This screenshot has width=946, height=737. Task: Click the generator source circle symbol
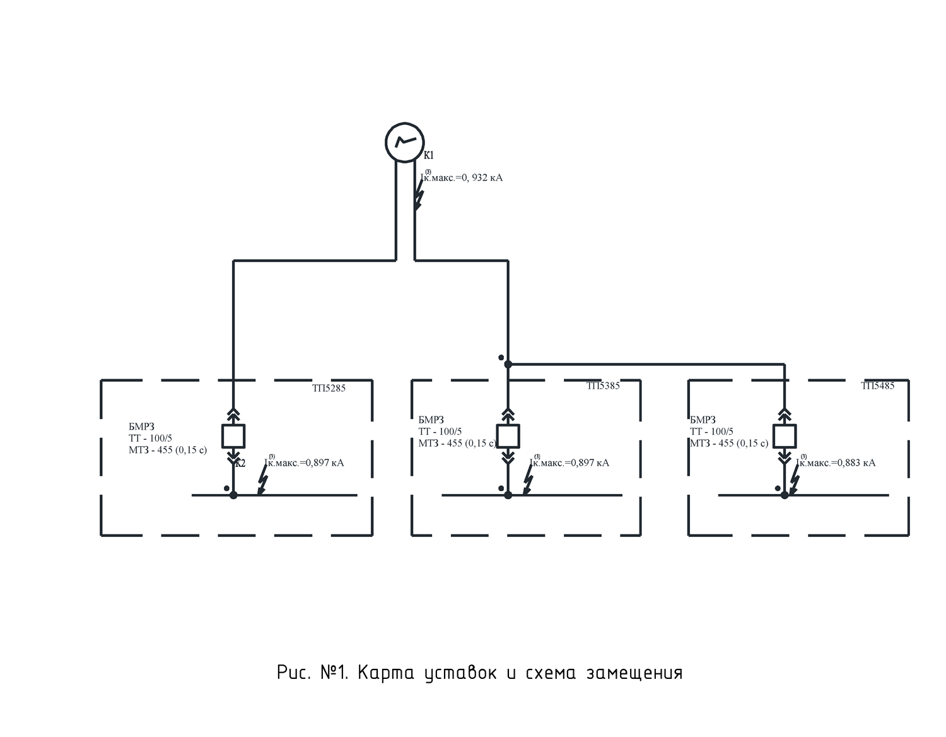(x=404, y=142)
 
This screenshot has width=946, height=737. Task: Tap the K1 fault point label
(x=429, y=155)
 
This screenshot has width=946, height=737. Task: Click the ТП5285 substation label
(x=329, y=388)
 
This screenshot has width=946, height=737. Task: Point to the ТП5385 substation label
(x=603, y=386)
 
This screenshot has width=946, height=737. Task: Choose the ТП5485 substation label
(x=878, y=386)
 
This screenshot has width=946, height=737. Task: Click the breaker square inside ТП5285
(x=233, y=436)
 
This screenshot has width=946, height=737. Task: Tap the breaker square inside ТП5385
(x=508, y=436)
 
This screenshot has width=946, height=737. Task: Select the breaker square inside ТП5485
(x=785, y=436)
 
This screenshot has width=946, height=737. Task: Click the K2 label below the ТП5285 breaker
(x=240, y=464)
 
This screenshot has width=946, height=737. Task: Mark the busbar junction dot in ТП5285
(x=233, y=495)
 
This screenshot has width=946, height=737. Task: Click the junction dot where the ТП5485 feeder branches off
(x=508, y=364)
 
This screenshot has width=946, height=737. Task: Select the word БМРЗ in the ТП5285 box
(x=141, y=427)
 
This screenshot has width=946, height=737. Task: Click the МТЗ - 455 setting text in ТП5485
(x=729, y=443)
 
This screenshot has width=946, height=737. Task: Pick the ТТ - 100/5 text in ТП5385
(x=440, y=432)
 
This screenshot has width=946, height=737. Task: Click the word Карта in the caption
(x=385, y=673)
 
